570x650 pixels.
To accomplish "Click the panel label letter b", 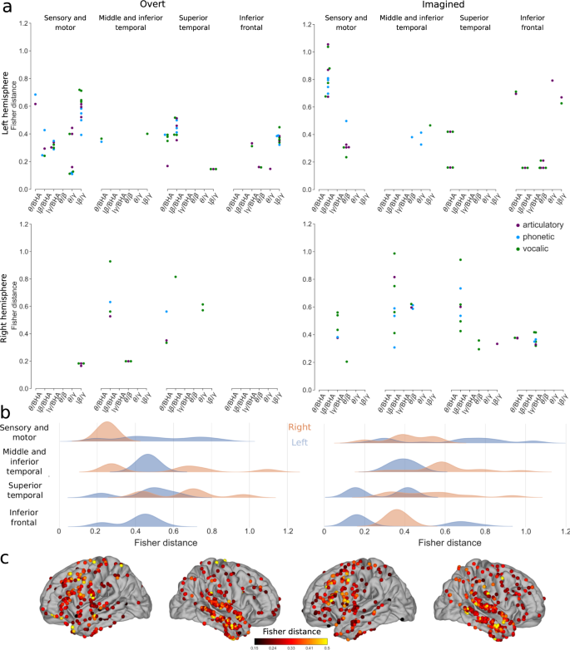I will click(6, 409).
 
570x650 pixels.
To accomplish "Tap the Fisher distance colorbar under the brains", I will click(285, 641).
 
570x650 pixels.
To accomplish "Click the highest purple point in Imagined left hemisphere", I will click(328, 46).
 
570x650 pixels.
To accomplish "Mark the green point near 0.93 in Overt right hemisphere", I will click(110, 262).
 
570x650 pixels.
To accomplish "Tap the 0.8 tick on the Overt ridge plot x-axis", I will click(211, 529).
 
